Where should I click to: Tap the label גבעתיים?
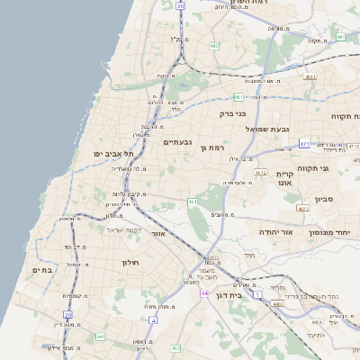click(177, 142)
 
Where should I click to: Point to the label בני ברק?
click(233, 114)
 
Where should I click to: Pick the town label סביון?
click(324, 199)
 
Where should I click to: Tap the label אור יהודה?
click(275, 232)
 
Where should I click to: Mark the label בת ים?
click(42, 269)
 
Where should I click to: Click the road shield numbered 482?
click(213, 45)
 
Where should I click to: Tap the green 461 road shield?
click(193, 202)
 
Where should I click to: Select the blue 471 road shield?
click(304, 144)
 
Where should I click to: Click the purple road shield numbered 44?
click(205, 293)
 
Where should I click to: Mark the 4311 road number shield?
click(310, 77)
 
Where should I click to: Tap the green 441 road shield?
click(100, 337)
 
